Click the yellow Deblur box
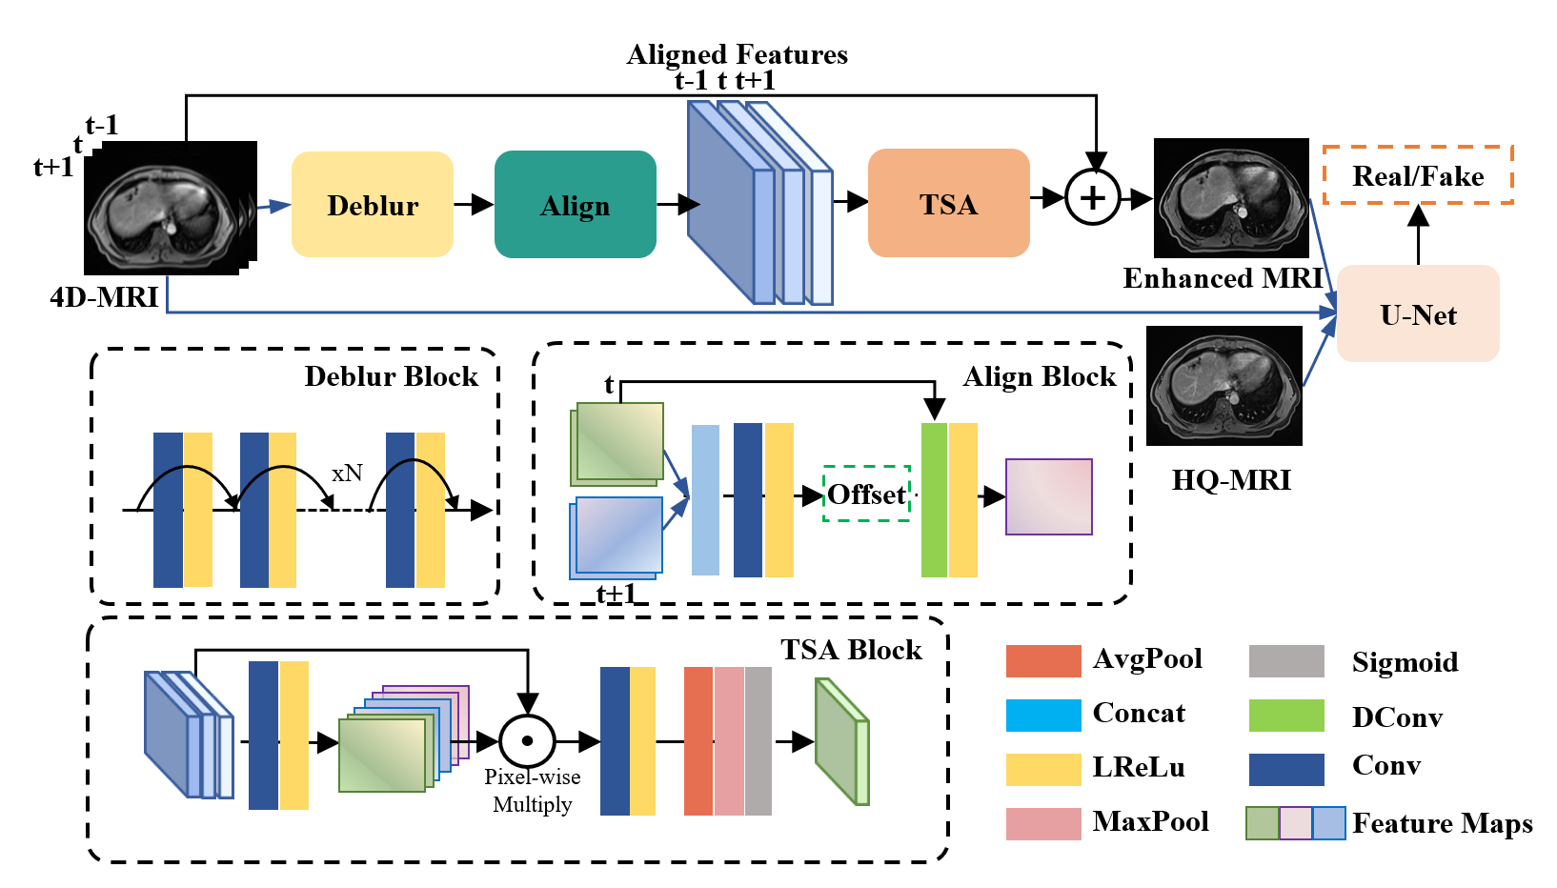click(x=373, y=204)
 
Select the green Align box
click(x=576, y=204)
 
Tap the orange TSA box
click(x=948, y=203)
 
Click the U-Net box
click(x=1418, y=313)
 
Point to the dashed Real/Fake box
click(x=1418, y=175)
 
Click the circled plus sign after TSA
click(x=1093, y=198)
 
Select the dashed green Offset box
click(x=866, y=494)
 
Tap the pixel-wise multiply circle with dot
click(x=527, y=741)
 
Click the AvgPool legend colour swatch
click(x=1043, y=660)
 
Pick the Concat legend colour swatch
click(x=1043, y=715)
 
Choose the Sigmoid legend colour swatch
click(x=1286, y=660)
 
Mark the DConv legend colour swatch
click(x=1286, y=715)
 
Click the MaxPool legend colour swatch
click(x=1043, y=823)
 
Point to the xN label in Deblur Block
click(x=347, y=473)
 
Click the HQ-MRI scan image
click(x=1224, y=386)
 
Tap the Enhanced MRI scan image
click(x=1231, y=198)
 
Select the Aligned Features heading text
click(x=737, y=54)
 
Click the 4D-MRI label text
click(x=104, y=297)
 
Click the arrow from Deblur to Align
click(x=474, y=204)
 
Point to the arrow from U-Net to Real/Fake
click(x=1418, y=234)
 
